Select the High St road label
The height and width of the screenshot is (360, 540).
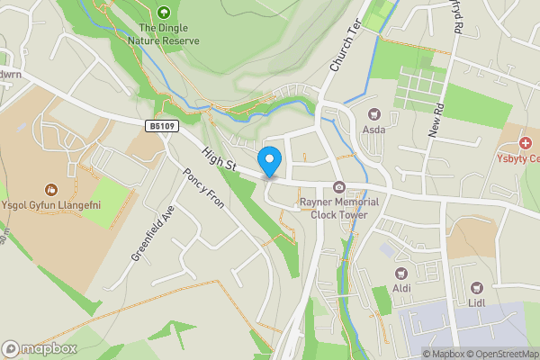tap(219, 160)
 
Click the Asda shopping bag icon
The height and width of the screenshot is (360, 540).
tap(374, 115)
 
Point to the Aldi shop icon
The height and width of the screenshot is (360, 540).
tap(401, 272)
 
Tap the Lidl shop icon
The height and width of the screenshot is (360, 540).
tap(477, 288)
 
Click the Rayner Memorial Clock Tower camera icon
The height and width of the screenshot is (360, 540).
tap(339, 187)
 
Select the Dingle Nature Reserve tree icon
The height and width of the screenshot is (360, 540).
tap(163, 13)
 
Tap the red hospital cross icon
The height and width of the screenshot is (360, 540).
tap(525, 143)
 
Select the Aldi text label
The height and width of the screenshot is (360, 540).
tap(401, 288)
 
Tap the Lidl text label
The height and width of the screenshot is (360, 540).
tap(477, 304)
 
